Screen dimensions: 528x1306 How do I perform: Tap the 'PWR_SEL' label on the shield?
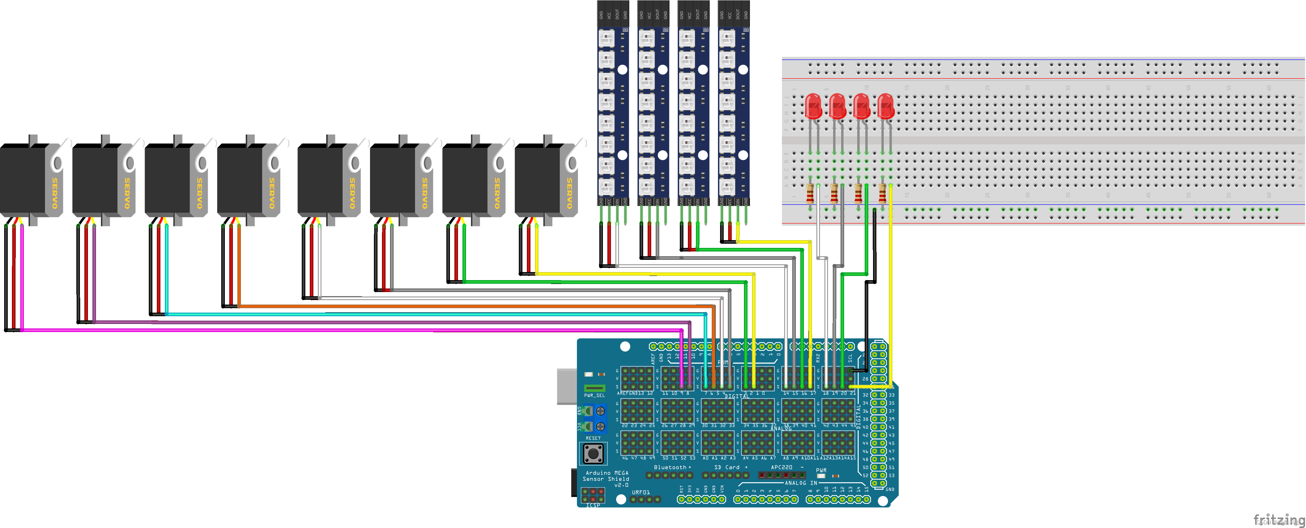click(x=594, y=396)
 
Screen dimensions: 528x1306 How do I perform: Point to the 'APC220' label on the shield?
click(x=781, y=467)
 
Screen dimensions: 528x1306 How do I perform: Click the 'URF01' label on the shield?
click(x=640, y=492)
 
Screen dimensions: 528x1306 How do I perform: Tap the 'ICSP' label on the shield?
click(x=593, y=505)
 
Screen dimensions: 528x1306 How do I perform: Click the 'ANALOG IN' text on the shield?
click(x=801, y=483)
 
